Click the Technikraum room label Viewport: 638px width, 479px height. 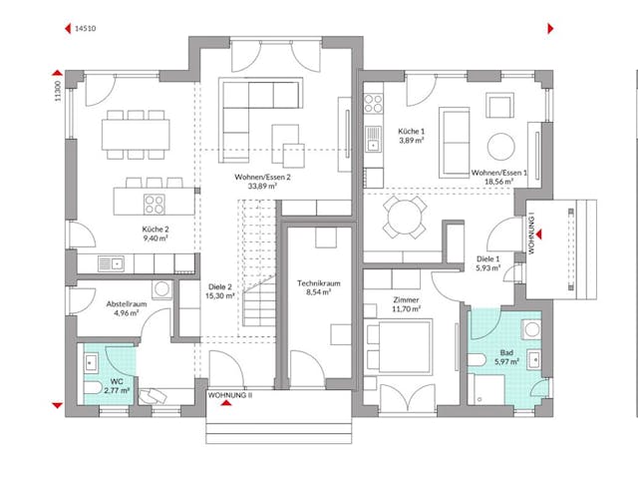[319, 283]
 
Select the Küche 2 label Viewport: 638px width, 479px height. [154, 228]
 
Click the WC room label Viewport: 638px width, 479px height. [118, 380]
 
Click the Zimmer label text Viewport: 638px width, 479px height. [406, 299]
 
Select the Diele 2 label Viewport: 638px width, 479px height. [217, 283]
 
